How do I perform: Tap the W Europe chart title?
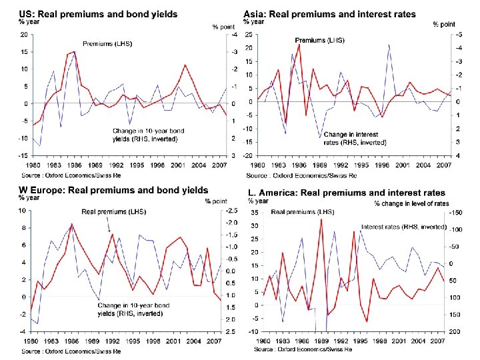(x=113, y=191)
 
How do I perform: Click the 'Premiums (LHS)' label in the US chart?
(x=107, y=43)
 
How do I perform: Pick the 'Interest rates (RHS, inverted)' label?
(x=403, y=227)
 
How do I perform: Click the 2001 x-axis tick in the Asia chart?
(x=403, y=165)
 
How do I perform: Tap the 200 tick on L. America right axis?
(x=456, y=331)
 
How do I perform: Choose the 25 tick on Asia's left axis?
(x=247, y=34)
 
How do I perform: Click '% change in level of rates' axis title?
(x=411, y=203)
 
